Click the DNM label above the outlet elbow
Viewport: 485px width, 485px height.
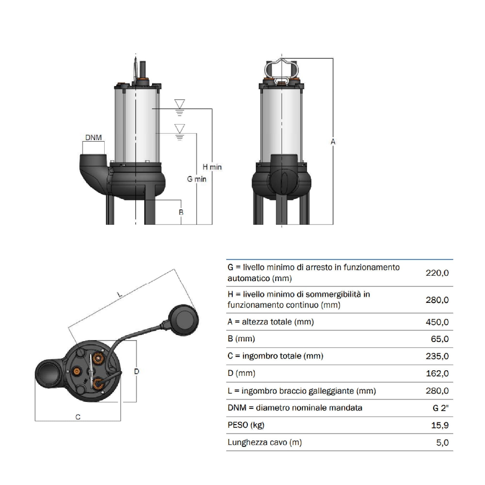click(x=93, y=137)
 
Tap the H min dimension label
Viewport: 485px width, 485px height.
click(x=212, y=167)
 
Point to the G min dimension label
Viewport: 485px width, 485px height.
click(x=197, y=179)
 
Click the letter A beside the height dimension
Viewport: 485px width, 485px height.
click(x=333, y=142)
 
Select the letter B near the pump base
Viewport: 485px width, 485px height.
click(x=181, y=212)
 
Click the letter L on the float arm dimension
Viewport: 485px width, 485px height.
click(x=120, y=294)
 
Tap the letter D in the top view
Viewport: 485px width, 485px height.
click(x=136, y=372)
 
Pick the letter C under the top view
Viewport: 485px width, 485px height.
click(x=78, y=417)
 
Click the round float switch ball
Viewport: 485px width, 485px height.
click(x=184, y=320)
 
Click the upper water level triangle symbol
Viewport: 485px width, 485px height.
click(x=179, y=104)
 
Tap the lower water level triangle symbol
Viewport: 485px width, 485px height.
click(x=179, y=128)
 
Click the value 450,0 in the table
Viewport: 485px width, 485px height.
click(x=437, y=322)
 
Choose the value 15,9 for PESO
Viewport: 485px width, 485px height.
click(x=440, y=425)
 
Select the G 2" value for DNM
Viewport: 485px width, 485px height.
click(x=441, y=408)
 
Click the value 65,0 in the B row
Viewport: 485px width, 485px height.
click(x=440, y=339)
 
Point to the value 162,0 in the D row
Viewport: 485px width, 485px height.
click(x=437, y=373)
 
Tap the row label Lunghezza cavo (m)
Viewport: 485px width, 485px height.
click(x=265, y=442)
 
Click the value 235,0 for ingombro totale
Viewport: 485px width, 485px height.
click(x=437, y=356)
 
